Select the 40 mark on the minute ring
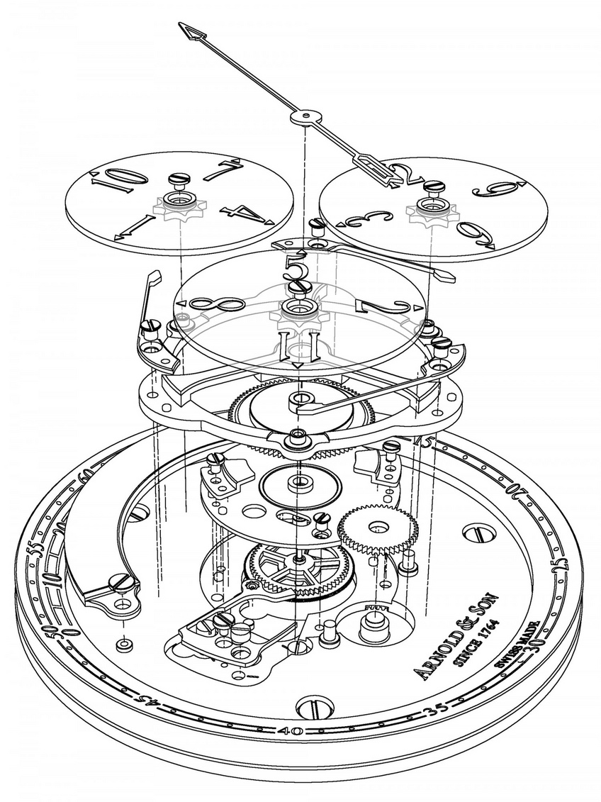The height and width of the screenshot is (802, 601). pyautogui.click(x=292, y=731)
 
